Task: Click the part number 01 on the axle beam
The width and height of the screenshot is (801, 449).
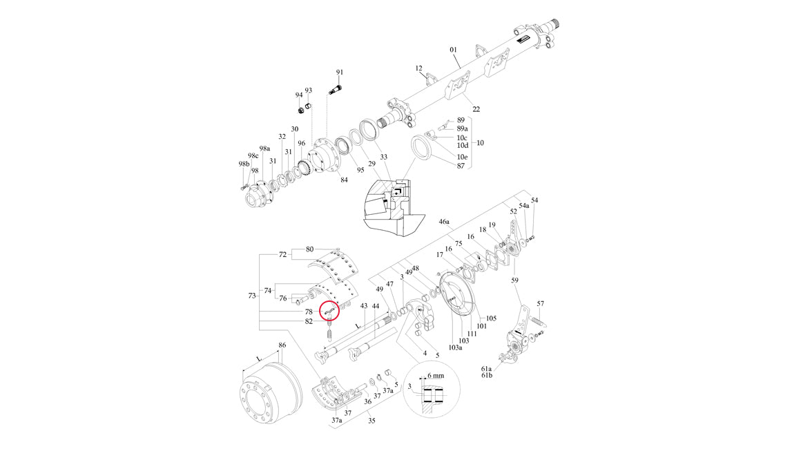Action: point(454,50)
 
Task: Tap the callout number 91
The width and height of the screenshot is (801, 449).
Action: point(339,73)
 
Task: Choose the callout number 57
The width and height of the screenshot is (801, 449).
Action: point(541,303)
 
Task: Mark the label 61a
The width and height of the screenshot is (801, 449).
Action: point(487,369)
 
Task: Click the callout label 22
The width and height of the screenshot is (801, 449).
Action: point(476,109)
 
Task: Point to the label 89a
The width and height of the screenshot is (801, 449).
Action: point(463,129)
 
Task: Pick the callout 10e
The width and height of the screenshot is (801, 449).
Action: point(462,157)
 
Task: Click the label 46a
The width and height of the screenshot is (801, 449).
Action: point(445,222)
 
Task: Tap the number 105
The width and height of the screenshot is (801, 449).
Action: point(491,318)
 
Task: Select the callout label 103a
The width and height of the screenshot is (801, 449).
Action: point(455,348)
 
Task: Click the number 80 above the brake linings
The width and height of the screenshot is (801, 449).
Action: point(309,249)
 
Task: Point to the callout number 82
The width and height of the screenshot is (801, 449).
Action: point(309,322)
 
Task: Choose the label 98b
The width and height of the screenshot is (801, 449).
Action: point(243,164)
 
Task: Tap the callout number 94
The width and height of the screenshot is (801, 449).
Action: point(299,95)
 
